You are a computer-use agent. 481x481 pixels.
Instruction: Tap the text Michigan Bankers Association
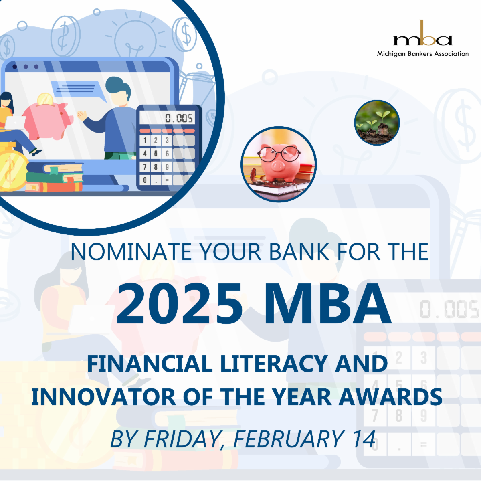[422, 54]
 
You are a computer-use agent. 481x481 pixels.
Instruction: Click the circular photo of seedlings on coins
[377, 123]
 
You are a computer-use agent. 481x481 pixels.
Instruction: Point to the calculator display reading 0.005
[169, 118]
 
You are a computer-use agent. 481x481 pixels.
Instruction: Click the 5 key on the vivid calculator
[156, 154]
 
